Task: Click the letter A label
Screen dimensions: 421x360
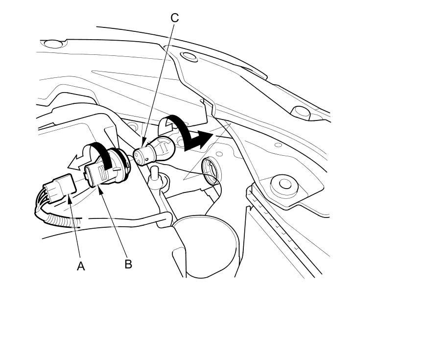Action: click(x=81, y=266)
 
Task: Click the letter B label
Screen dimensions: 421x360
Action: click(x=128, y=264)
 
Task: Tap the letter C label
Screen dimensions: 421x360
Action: click(x=175, y=18)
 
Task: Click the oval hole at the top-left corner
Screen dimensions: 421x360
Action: click(x=55, y=44)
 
